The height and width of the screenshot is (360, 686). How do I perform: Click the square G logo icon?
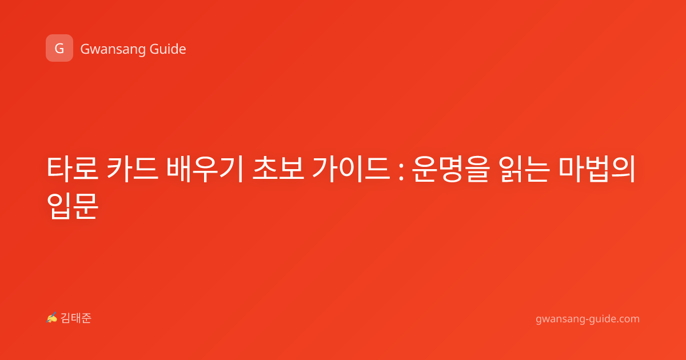tap(59, 48)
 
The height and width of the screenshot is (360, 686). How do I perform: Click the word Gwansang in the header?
tap(113, 49)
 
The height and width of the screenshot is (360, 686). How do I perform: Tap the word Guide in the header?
tap(168, 49)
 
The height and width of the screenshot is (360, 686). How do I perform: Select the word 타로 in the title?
tap(73, 169)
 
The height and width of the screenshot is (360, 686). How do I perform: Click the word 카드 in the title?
tap(132, 169)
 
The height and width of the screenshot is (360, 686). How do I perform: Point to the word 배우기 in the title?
tap(205, 169)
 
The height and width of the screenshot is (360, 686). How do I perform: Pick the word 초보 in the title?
tap(278, 169)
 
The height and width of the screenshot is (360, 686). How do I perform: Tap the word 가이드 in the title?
tap(351, 169)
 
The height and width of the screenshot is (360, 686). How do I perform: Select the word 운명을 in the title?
tap(450, 169)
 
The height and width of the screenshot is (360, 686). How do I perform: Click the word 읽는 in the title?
tap(524, 169)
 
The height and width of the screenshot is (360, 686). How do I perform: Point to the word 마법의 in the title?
tap(597, 169)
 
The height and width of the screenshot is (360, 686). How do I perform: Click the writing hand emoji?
tap(52, 318)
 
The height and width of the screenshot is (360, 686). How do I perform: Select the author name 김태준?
tap(76, 318)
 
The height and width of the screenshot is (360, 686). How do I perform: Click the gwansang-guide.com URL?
tap(588, 319)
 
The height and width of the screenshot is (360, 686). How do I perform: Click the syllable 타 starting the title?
tap(59, 169)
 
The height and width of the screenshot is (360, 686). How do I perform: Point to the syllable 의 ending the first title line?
tap(623, 169)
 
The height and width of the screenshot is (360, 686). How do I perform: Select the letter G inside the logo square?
tap(59, 49)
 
